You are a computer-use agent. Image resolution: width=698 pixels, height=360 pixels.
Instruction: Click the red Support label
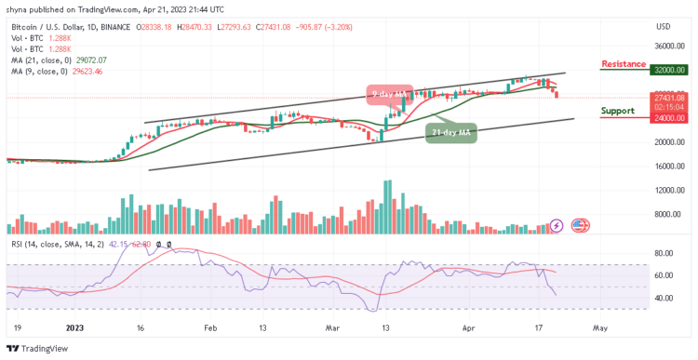618,110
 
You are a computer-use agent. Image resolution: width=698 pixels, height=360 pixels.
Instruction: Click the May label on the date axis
600,328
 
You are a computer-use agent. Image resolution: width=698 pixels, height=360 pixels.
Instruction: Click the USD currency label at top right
663,25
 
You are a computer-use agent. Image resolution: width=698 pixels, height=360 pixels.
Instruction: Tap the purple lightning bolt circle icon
557,224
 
